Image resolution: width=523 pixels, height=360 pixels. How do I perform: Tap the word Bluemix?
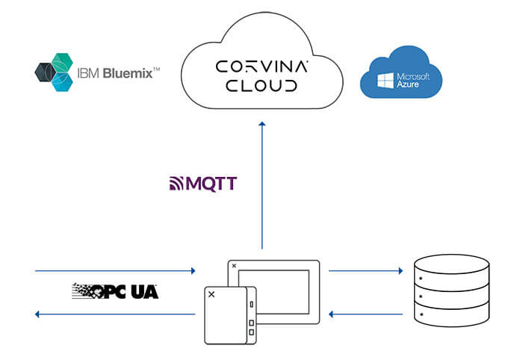coord(129,72)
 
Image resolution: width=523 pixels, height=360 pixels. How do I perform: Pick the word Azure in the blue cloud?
coord(409,84)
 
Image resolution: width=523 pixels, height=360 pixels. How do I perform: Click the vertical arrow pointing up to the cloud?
coord(262,187)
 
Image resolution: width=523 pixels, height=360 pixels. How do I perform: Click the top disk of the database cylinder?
coord(453,264)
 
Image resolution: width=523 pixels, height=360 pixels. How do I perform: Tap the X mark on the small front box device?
coord(211,295)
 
